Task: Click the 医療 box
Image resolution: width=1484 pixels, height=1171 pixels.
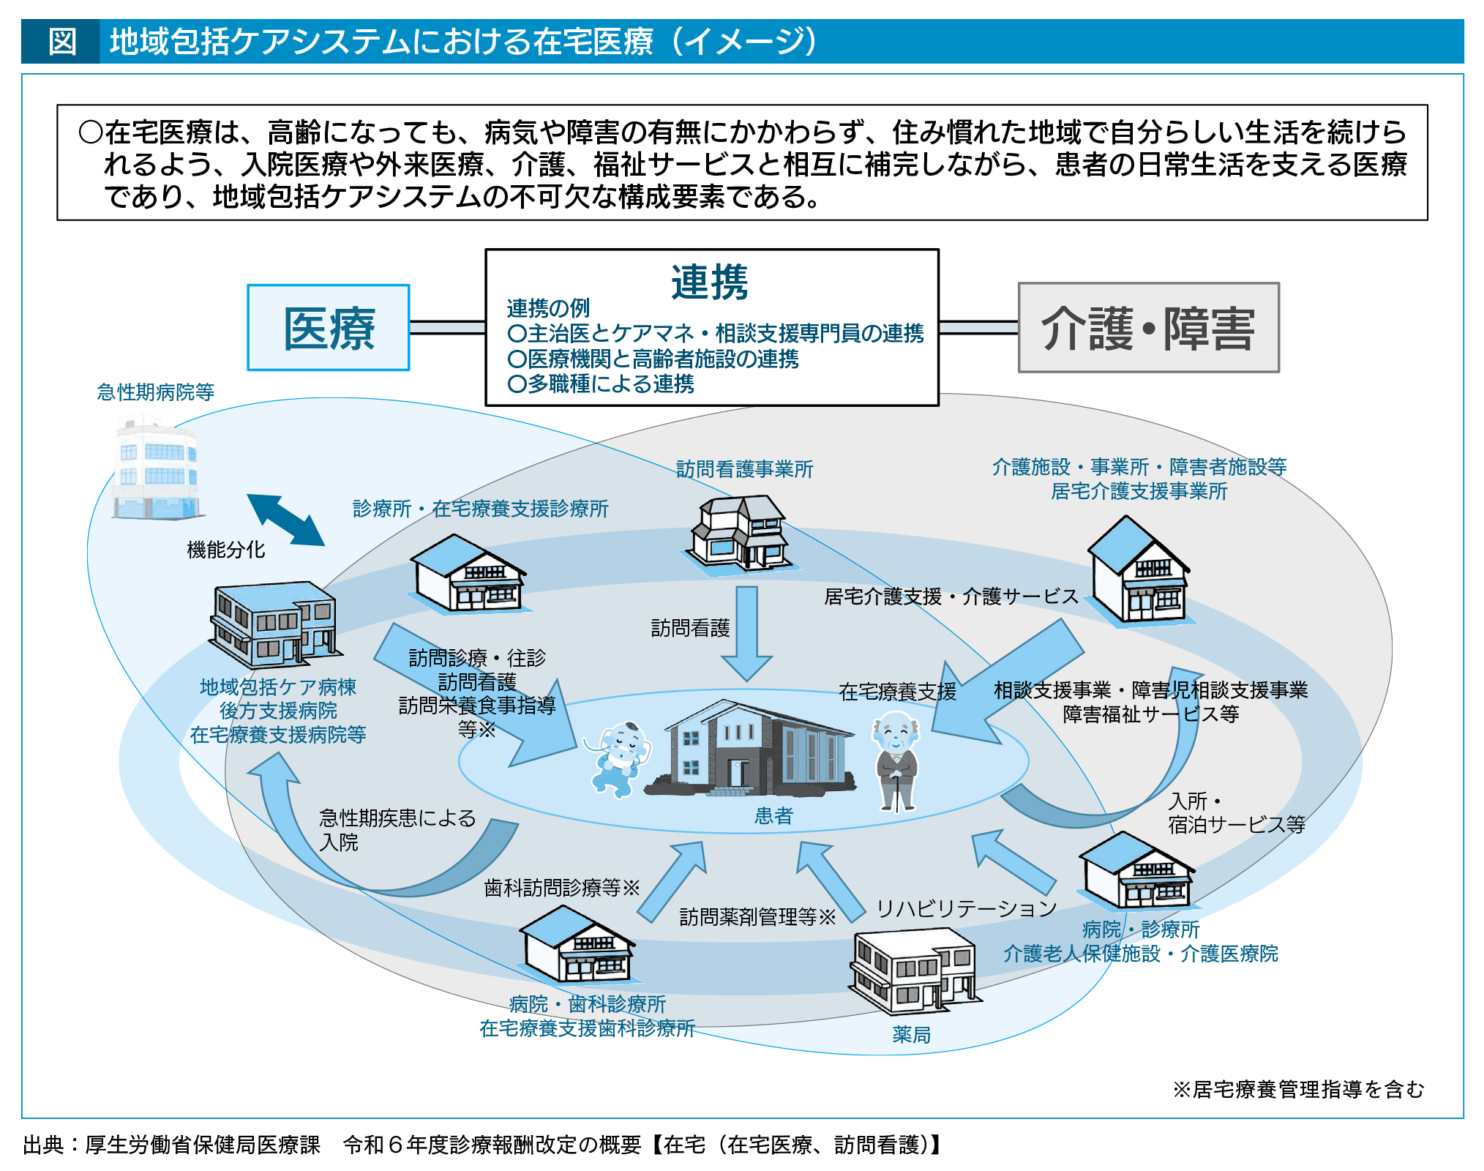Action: point(329,328)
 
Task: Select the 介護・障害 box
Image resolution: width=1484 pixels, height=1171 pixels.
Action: point(1148,328)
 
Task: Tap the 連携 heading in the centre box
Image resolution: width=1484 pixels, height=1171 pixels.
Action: point(709,282)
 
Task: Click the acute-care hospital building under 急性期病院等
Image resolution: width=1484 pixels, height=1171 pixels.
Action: point(157,468)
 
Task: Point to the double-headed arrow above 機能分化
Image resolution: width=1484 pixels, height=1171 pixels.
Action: point(285,520)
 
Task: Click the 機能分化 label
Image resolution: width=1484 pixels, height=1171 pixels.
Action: point(225,550)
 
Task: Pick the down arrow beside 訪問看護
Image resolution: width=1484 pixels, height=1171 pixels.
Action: point(747,633)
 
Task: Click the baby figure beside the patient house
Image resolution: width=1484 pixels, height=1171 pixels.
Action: point(621,758)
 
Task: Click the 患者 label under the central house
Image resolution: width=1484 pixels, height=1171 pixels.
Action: point(773,816)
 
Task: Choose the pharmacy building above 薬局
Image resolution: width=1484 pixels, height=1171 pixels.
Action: point(912,970)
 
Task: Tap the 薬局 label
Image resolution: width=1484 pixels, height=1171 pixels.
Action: point(911,1034)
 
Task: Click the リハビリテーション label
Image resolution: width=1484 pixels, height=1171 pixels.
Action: point(966,908)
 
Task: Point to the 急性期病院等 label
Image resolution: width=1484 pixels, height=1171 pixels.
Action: point(155,392)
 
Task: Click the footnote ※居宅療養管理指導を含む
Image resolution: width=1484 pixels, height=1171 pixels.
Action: point(1298,1089)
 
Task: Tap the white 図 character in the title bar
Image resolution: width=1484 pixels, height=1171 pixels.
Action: point(62,42)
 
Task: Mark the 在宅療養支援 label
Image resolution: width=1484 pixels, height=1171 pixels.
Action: point(897,692)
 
